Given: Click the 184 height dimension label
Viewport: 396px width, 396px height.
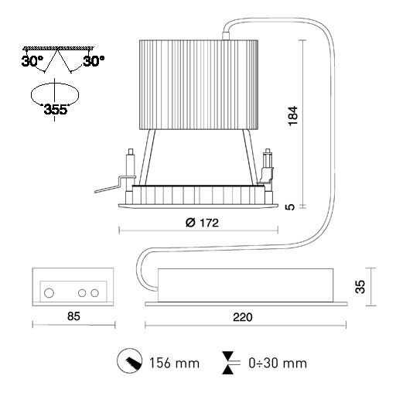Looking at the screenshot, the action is (x=293, y=115).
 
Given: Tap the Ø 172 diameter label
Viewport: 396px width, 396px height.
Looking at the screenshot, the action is (x=202, y=223).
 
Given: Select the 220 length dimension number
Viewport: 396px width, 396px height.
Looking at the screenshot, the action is (x=243, y=317).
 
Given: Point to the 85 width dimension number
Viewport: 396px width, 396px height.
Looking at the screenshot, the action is (x=73, y=316).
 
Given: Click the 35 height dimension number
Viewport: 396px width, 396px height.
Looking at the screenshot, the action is (x=360, y=286).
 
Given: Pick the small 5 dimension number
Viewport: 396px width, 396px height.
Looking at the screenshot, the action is (x=290, y=207).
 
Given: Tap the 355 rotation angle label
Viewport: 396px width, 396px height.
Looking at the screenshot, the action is (x=56, y=109).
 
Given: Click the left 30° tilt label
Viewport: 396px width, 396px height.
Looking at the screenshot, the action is (x=32, y=61).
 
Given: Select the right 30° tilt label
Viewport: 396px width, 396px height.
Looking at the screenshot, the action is (x=94, y=61).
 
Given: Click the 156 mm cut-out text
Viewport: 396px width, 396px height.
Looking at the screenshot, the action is (x=175, y=363).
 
